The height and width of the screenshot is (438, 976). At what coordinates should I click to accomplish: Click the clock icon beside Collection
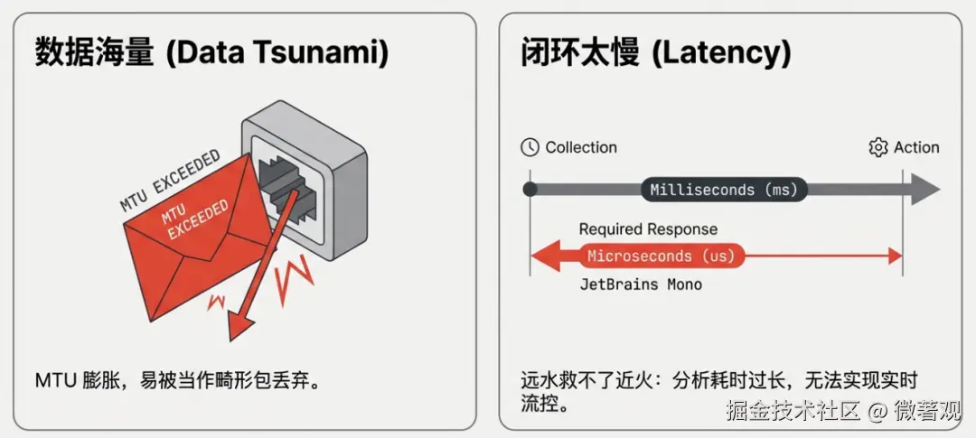tap(530, 147)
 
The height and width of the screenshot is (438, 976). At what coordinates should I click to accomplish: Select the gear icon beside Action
tap(877, 147)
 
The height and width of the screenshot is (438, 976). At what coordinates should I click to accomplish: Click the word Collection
tap(581, 147)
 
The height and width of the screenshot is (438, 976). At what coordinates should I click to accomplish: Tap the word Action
tap(916, 147)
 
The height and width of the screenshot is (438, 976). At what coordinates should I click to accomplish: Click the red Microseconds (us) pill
tap(662, 256)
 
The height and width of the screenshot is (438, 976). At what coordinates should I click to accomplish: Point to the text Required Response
tap(648, 229)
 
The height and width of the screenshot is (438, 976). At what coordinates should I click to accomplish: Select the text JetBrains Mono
tap(641, 284)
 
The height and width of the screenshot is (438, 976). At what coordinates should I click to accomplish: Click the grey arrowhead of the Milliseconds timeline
tap(924, 190)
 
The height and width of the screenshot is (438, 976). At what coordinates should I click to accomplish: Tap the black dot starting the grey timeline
tap(530, 190)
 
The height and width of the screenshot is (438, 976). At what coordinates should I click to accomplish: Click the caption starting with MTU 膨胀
tap(178, 379)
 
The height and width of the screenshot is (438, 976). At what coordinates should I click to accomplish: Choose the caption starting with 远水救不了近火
tap(718, 390)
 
